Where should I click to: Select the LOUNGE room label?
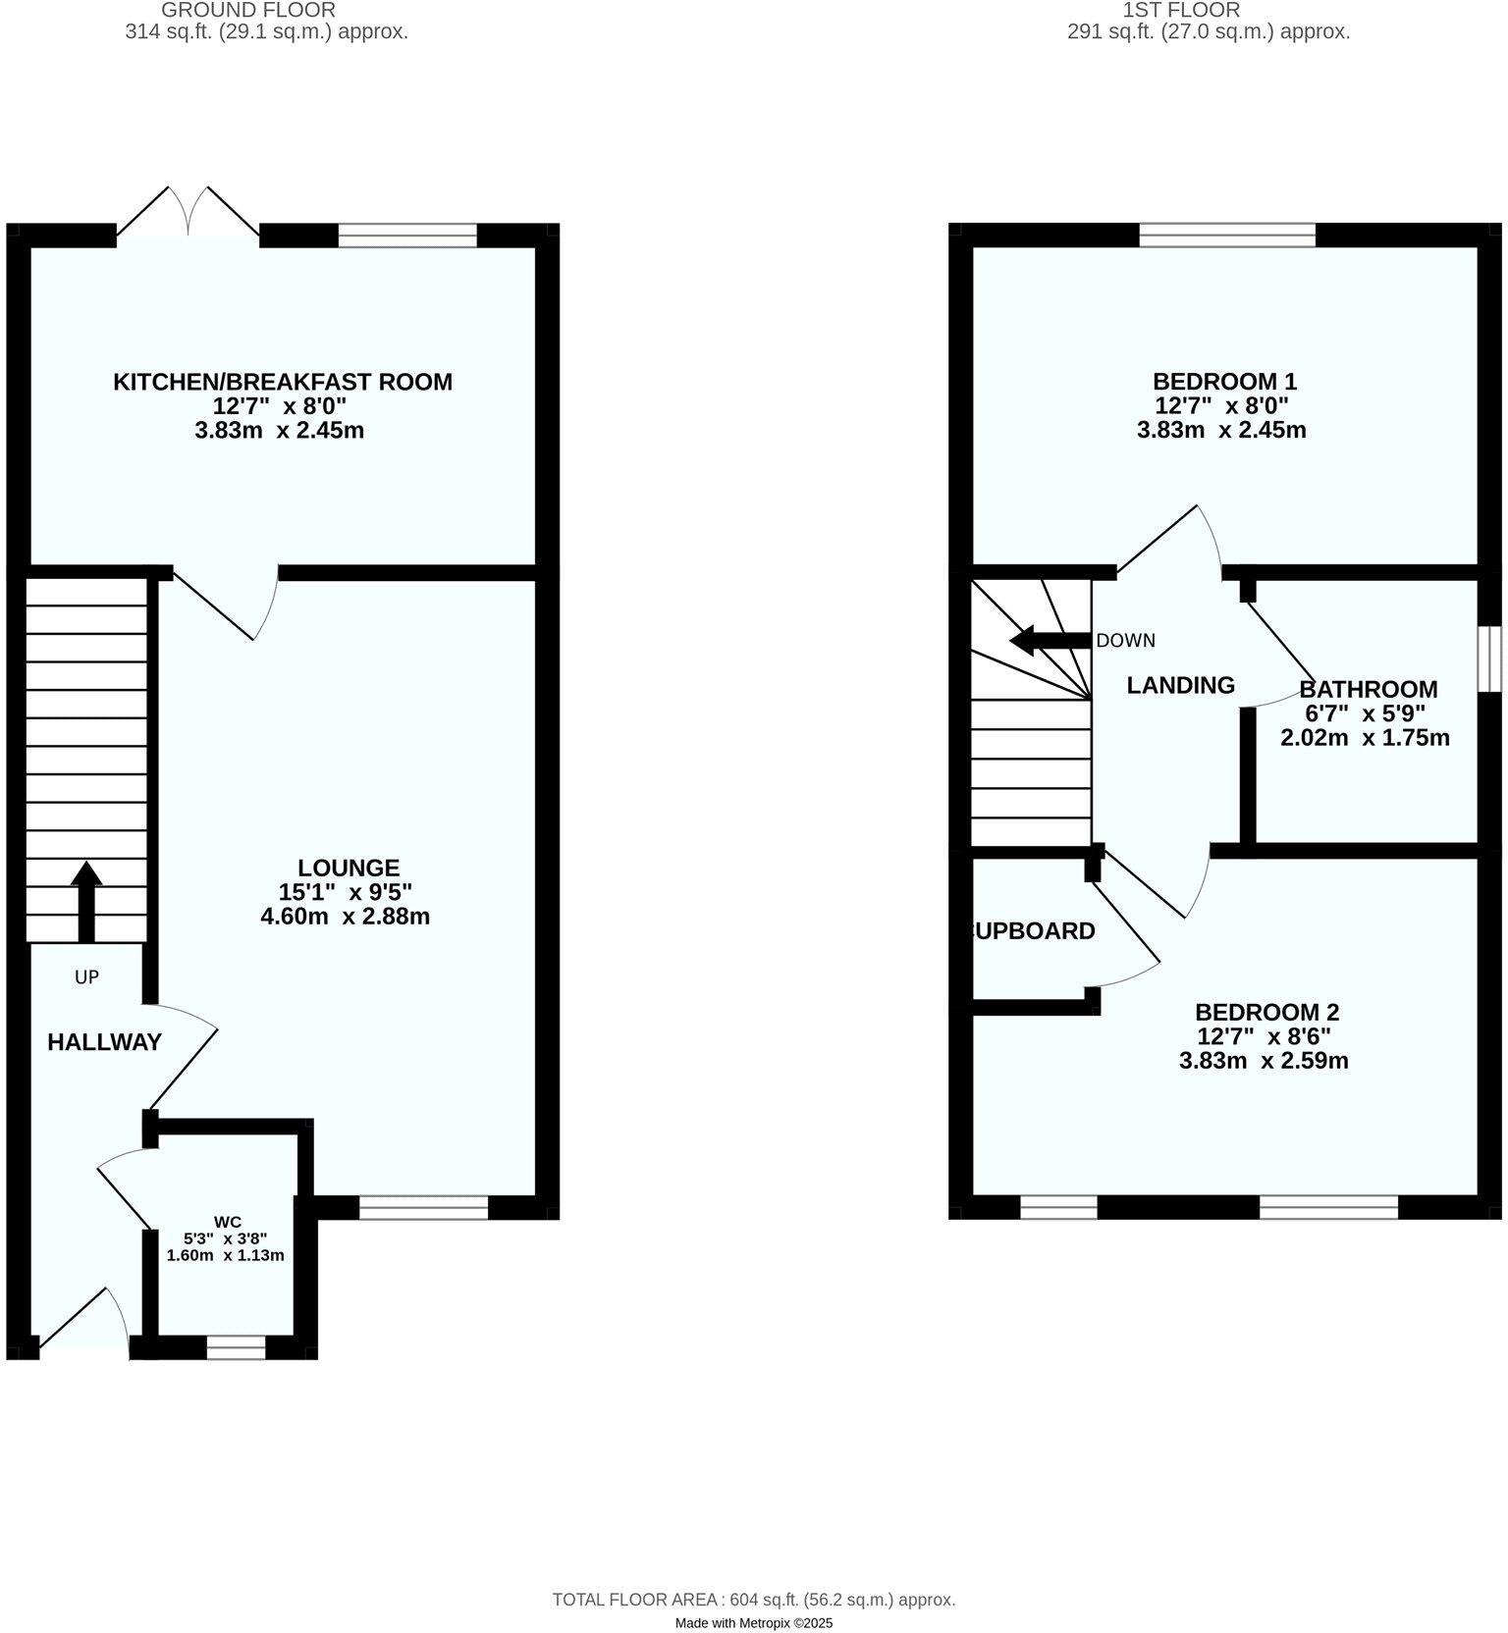(349, 868)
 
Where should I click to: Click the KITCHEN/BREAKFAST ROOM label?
(283, 382)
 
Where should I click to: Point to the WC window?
(236, 1347)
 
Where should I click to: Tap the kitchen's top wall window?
(407, 236)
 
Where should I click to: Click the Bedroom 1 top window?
(1227, 235)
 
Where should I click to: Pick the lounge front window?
(423, 1207)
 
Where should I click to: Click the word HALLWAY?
(104, 1042)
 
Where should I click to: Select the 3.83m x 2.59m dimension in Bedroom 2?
(1264, 1060)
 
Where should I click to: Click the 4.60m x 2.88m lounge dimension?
(345, 917)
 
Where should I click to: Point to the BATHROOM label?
(1368, 689)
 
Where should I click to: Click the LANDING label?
(1180, 685)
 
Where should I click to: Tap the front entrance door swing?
(88, 1320)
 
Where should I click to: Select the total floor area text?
(753, 1599)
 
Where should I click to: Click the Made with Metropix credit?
(753, 1623)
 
